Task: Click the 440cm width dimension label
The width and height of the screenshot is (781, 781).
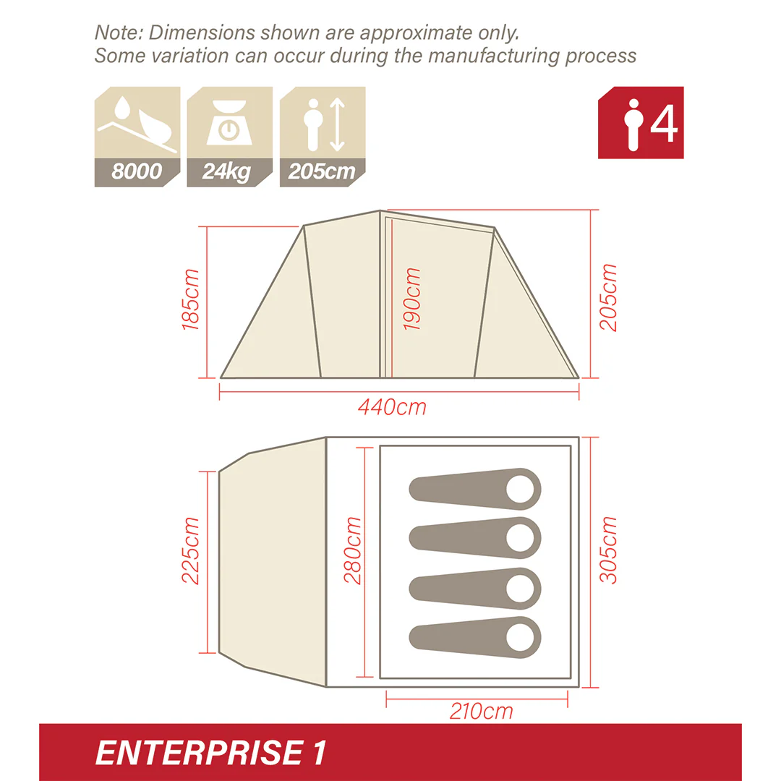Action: (x=392, y=407)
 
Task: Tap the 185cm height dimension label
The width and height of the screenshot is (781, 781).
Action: (x=191, y=299)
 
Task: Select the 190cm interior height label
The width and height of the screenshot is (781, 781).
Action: (x=412, y=299)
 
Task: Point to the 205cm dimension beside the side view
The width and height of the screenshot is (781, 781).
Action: (x=609, y=297)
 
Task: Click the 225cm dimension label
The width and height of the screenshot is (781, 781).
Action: (x=191, y=550)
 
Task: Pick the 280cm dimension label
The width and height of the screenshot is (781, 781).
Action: (x=353, y=550)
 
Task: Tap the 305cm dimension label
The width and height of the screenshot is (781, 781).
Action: (x=609, y=550)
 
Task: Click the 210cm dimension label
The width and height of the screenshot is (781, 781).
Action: (x=481, y=711)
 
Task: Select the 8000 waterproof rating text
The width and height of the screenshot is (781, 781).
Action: (x=137, y=172)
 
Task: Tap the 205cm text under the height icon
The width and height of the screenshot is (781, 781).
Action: (x=322, y=172)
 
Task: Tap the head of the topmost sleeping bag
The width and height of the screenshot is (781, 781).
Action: (x=521, y=489)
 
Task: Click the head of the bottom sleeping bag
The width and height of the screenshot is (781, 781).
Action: (x=521, y=637)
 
